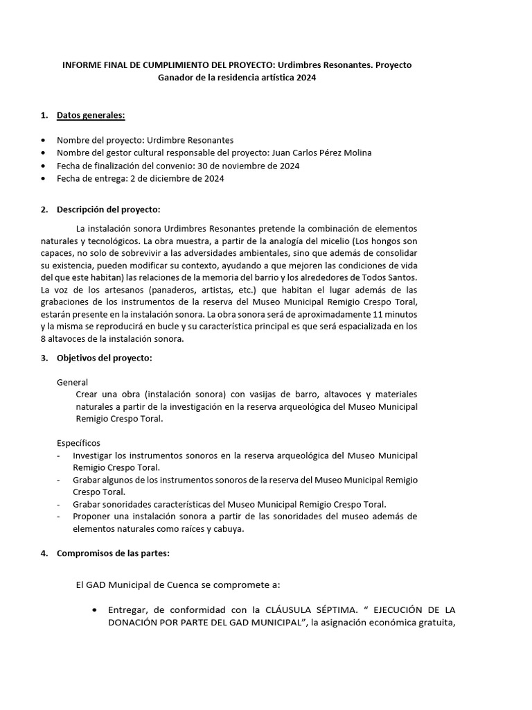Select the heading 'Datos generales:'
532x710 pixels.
[x=91, y=114]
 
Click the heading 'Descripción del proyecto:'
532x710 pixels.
[x=108, y=209]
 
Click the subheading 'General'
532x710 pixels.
[x=72, y=382]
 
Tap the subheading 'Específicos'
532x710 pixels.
[x=78, y=442]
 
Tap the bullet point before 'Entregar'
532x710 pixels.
[x=94, y=610]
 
